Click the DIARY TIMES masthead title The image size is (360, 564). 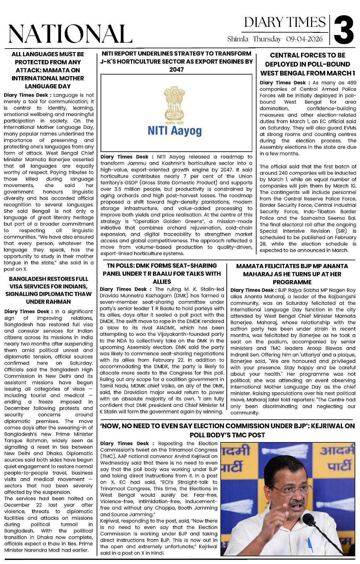pos(285,22)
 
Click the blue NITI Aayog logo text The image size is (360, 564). pos(175,131)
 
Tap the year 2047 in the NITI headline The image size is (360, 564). pos(176,69)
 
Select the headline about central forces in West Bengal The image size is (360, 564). pos(308,64)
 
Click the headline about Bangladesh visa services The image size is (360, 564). pos(48,290)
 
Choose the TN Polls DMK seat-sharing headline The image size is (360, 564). pos(162,273)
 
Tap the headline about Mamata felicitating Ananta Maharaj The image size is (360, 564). pos(292,274)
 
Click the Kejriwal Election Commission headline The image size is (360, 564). pos(227,430)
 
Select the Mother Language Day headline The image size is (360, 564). pos(48,70)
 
